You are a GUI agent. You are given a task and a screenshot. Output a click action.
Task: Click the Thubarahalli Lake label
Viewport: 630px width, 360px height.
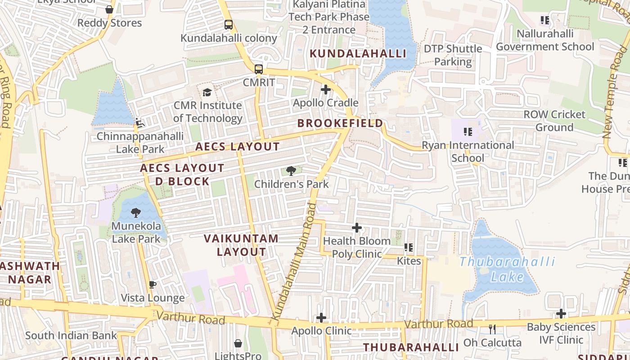coord(507,269)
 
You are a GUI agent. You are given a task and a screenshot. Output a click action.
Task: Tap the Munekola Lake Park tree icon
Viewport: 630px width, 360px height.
coord(135,212)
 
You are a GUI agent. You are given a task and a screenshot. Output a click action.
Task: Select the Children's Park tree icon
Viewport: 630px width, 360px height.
coord(291,171)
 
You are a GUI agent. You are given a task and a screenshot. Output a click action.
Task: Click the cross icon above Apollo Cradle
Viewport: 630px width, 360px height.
coord(326,90)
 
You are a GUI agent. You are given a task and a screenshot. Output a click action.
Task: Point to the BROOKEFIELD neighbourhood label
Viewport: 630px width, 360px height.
coord(340,123)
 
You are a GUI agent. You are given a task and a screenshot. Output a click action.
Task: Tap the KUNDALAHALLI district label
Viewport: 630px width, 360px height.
coord(358,54)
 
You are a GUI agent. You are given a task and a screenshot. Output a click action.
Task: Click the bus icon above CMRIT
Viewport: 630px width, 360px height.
coord(259,69)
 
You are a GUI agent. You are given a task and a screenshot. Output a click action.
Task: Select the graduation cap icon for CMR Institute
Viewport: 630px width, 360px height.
coord(207,92)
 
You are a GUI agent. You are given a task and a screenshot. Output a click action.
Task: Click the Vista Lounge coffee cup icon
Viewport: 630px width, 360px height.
coord(153,284)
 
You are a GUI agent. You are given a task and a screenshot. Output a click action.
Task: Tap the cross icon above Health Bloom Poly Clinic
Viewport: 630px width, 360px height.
coord(357,228)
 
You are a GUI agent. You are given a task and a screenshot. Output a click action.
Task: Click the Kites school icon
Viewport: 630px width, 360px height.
coord(409,247)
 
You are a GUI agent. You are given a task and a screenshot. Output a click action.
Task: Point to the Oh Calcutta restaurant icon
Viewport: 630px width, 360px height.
coord(492,329)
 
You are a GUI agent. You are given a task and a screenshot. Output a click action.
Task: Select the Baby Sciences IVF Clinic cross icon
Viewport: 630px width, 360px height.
coord(561,314)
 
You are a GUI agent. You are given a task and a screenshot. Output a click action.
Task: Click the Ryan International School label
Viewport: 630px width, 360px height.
coord(468,152)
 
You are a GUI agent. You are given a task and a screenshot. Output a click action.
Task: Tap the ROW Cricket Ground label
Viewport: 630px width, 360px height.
coord(554,121)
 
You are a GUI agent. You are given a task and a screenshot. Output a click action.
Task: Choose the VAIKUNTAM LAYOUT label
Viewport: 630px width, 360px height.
coord(241,245)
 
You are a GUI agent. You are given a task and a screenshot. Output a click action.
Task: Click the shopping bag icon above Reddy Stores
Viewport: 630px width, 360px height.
coord(109,9)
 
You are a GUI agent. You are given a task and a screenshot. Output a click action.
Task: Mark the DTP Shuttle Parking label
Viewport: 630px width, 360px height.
coord(453,55)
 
